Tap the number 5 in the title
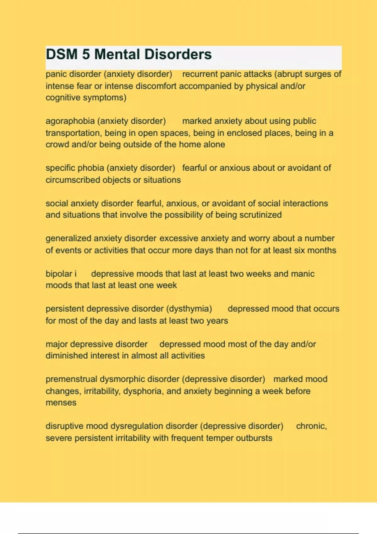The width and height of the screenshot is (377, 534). coord(86,54)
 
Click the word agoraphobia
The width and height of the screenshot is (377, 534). coord(70,121)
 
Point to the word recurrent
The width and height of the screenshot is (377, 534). coord(200,74)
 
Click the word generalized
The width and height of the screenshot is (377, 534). coord(68,238)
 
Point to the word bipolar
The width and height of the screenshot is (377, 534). coord(59,274)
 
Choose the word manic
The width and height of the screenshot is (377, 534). coord(303,274)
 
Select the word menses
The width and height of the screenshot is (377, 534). coord(61,403)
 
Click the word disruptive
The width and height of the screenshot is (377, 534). coord(64,426)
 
